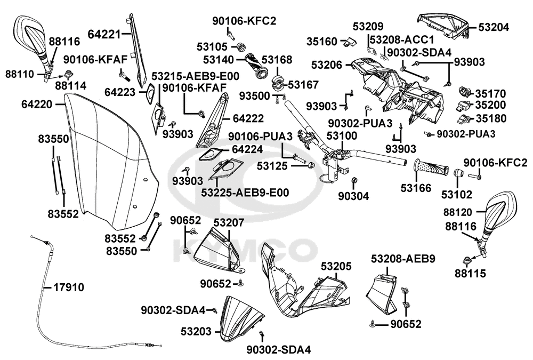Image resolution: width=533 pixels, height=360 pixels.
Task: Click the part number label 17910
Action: pos(69,287)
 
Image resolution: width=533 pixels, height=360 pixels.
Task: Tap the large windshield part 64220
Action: pos(109,160)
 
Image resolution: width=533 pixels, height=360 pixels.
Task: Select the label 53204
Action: pos(494,27)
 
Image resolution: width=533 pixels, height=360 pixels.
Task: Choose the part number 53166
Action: pos(416,188)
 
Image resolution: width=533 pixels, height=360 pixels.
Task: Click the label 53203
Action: pos(196,331)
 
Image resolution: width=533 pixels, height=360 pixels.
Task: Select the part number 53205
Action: pos(336,266)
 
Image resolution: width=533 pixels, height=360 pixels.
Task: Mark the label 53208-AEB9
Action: pos(403,259)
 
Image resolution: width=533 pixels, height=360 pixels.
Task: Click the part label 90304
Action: pos(353,196)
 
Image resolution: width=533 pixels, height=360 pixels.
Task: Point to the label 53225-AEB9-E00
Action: pos(245,193)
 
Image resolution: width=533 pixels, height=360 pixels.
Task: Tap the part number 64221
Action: pos(104,34)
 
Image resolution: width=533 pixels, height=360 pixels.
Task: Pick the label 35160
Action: pos(322,42)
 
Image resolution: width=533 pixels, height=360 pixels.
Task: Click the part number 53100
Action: pos(342,136)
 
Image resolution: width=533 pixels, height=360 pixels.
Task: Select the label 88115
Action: pos(471,273)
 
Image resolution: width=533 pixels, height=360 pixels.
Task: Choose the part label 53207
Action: pos(229,223)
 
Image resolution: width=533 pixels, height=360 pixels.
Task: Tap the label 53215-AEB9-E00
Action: pos(195,76)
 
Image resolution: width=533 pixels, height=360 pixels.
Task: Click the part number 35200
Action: pos(490,105)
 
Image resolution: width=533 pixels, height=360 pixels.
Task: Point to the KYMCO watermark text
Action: pos(245,251)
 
